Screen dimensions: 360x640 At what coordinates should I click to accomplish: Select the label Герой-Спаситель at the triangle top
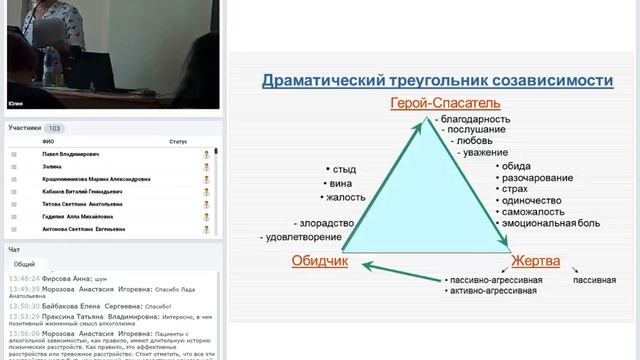pyautogui.click(x=431, y=102)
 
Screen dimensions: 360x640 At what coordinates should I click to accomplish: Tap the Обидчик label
pyautogui.click(x=319, y=262)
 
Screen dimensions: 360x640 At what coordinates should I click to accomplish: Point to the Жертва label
pyautogui.click(x=535, y=262)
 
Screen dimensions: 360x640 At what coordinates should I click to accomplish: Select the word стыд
pyautogui.click(x=344, y=169)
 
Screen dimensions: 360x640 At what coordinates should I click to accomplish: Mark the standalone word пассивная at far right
pyautogui.click(x=593, y=280)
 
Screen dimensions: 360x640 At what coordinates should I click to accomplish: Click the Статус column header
pyautogui.click(x=178, y=142)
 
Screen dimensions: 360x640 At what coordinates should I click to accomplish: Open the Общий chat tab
pyautogui.click(x=23, y=263)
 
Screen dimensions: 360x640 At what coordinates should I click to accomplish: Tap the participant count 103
pyautogui.click(x=55, y=128)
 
